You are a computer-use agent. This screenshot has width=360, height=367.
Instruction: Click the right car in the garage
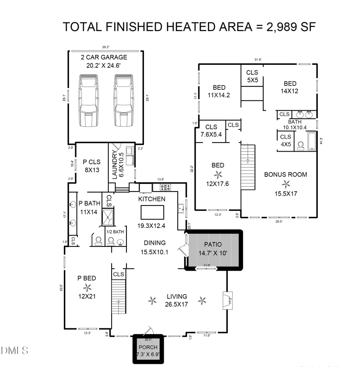[123, 100]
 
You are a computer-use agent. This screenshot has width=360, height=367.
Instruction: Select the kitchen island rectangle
[152, 211]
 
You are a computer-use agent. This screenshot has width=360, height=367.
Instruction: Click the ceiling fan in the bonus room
[286, 183]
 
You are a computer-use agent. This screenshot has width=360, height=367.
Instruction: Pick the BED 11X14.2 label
[219, 91]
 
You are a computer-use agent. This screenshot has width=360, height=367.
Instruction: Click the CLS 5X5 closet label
[252, 76]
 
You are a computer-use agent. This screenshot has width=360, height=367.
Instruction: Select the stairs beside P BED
[118, 297]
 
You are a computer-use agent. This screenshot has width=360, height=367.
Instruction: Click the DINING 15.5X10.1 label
[154, 247]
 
